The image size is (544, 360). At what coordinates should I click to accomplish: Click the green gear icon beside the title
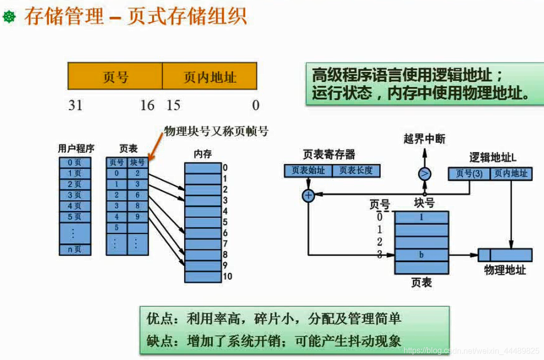[x=9, y=18]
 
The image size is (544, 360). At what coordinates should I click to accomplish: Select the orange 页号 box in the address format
[x=115, y=77]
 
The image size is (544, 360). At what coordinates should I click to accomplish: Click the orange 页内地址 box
[x=210, y=77]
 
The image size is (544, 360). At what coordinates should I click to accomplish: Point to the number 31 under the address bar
[x=75, y=105]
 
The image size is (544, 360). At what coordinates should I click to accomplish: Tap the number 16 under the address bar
[x=147, y=105]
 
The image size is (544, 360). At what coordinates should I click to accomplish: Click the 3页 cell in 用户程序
[x=74, y=195]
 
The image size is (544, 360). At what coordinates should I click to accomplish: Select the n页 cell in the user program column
[x=74, y=249]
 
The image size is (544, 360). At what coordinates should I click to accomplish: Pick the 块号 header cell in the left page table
[x=137, y=162]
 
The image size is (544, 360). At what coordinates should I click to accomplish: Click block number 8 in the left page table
[x=137, y=206]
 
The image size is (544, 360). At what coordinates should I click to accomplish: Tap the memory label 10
[x=227, y=276]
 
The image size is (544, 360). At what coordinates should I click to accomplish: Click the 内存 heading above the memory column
[x=203, y=154]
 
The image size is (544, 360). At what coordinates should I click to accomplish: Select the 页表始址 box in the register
[x=308, y=171]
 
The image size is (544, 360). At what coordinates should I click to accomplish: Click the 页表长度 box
[x=356, y=171]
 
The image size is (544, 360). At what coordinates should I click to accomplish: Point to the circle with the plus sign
[x=309, y=196]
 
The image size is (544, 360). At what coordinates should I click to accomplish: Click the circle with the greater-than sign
[x=425, y=174]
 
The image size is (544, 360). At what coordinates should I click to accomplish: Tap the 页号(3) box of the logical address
[x=469, y=174]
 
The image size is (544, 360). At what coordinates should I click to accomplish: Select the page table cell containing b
[x=422, y=255]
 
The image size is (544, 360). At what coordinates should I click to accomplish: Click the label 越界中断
[x=424, y=139]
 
